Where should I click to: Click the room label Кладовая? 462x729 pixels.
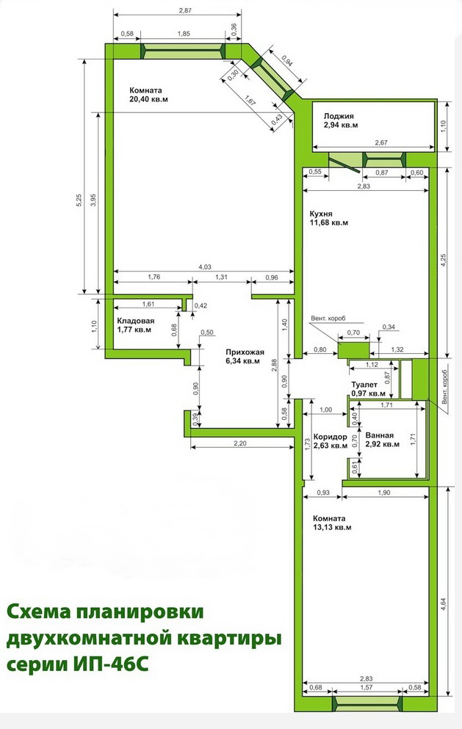pyautogui.click(x=136, y=321)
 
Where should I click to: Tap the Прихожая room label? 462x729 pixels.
pyautogui.click(x=245, y=352)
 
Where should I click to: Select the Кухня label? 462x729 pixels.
pyautogui.click(x=321, y=214)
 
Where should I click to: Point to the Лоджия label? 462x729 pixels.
pyautogui.click(x=339, y=116)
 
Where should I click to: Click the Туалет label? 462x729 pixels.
pyautogui.click(x=364, y=385)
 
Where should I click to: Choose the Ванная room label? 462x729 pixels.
pyautogui.click(x=380, y=435)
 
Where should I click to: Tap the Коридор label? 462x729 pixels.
pyautogui.click(x=331, y=437)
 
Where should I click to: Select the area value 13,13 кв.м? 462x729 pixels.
pyautogui.click(x=332, y=528)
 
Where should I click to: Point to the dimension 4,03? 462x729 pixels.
pyautogui.click(x=205, y=266)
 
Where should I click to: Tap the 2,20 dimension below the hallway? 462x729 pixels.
pyautogui.click(x=239, y=443)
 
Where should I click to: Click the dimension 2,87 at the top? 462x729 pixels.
pyautogui.click(x=185, y=10)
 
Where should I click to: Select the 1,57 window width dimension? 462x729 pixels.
pyautogui.click(x=367, y=687)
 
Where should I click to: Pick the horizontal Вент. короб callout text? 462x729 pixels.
pyautogui.click(x=328, y=319)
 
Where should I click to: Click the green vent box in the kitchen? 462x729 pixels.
pyautogui.click(x=353, y=350)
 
